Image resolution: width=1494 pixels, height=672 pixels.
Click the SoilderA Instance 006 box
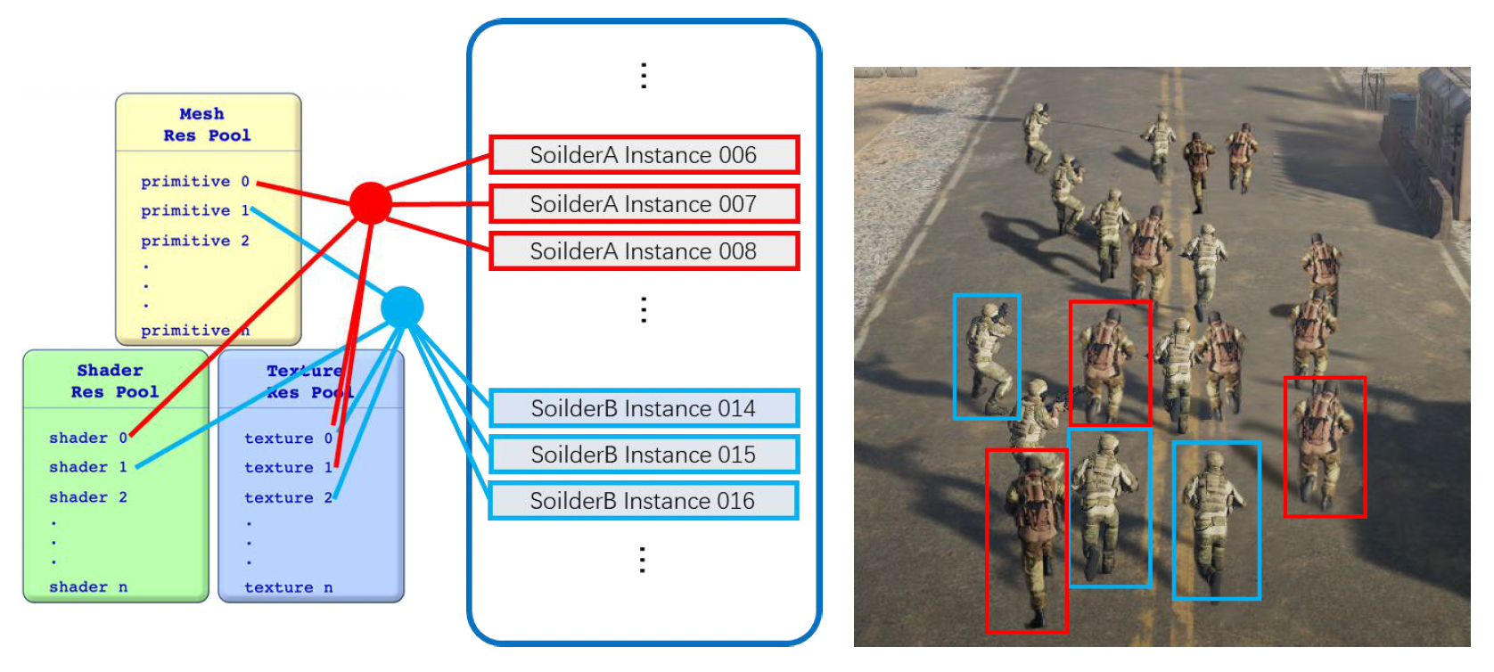[x=643, y=155]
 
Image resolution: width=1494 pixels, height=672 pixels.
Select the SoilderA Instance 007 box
[x=643, y=204]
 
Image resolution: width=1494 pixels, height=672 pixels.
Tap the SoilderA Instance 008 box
[x=643, y=251]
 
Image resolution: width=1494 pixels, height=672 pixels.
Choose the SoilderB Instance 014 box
[x=643, y=408]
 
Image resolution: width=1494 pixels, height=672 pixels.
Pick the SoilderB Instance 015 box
[x=643, y=455]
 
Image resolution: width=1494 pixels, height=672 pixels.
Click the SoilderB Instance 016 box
[x=643, y=501]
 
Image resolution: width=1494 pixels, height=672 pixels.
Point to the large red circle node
[x=371, y=203]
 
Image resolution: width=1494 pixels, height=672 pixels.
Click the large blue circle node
[x=402, y=307]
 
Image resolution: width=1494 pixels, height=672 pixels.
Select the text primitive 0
[x=194, y=182]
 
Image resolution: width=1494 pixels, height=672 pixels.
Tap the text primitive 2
[x=194, y=241]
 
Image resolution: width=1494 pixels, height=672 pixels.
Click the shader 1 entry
[x=87, y=467]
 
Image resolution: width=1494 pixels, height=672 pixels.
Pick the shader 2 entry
[x=87, y=497]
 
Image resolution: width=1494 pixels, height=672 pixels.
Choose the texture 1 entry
[x=287, y=468]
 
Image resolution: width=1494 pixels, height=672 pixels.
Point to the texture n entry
[x=288, y=587]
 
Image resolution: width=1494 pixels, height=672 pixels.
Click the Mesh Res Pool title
[x=207, y=125]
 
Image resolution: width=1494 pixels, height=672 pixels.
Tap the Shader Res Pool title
[x=114, y=381]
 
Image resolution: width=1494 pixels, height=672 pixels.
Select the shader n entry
[x=87, y=587]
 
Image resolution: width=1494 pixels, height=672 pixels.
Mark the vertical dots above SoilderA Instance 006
[x=644, y=76]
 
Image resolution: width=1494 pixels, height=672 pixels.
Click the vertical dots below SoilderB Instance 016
[x=643, y=560]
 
